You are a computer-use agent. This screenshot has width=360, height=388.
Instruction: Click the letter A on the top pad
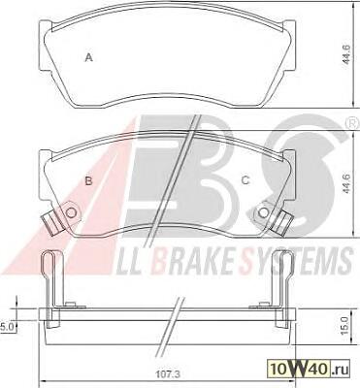[89, 58]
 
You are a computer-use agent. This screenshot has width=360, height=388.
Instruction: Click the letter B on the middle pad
[88, 181]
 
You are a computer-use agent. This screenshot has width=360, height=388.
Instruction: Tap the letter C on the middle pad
[245, 180]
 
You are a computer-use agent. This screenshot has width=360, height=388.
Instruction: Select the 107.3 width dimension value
[171, 374]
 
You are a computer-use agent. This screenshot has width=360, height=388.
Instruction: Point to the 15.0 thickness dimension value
[344, 325]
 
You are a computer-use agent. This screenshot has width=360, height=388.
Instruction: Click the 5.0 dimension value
[6, 327]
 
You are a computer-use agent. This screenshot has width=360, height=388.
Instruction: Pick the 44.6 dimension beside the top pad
[346, 55]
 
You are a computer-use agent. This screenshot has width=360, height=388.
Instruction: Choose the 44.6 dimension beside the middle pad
[346, 183]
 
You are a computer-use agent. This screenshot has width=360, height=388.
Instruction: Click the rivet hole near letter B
[71, 212]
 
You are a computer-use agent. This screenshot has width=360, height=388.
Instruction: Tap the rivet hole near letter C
[264, 212]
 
